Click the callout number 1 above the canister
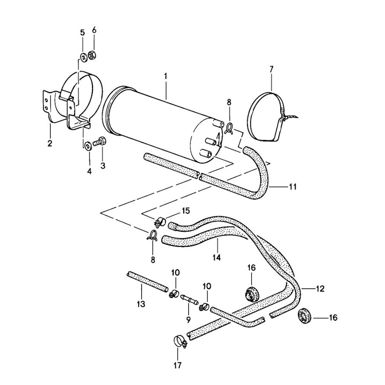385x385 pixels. [166, 76]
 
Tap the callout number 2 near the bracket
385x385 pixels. [50, 144]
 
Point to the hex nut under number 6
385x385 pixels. [92, 55]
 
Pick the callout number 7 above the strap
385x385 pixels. [271, 69]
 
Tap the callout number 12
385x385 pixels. [320, 288]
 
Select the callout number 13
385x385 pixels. [141, 304]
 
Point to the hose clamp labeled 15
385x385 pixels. [160, 222]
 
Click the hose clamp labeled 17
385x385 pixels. [179, 340]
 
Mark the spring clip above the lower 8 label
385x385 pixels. [152, 235]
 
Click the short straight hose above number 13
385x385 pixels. [147, 281]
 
